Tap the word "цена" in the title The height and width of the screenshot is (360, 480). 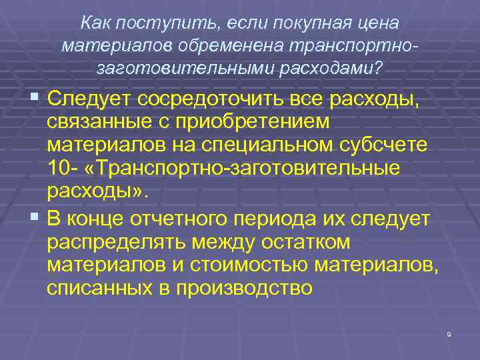pyautogui.click(x=378, y=23)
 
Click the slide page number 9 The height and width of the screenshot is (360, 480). pyautogui.click(x=449, y=334)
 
